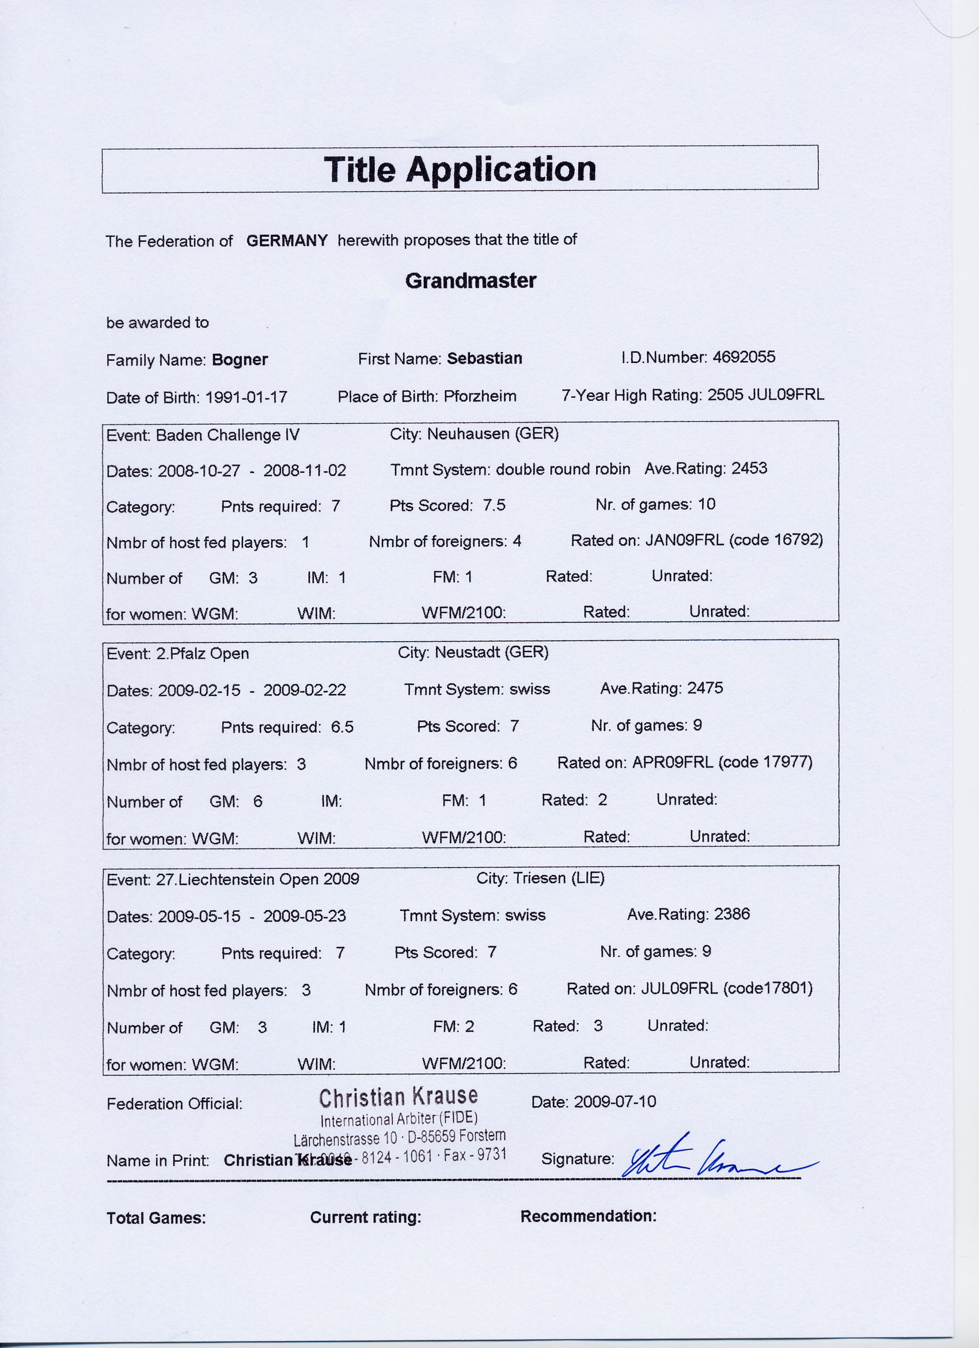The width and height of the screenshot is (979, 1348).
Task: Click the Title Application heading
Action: tap(459, 169)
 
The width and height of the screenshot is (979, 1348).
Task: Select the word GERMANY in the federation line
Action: tap(287, 241)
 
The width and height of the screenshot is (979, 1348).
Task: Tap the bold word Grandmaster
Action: tap(470, 281)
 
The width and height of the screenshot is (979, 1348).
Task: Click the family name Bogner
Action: tap(240, 359)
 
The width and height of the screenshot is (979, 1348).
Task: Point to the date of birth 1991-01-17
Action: tap(246, 397)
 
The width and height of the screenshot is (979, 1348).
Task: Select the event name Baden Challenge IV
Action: tap(227, 435)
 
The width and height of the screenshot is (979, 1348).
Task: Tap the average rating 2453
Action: tap(749, 468)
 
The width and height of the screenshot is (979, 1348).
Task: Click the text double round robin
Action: tap(563, 469)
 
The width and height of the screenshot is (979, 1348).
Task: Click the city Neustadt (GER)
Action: tap(491, 653)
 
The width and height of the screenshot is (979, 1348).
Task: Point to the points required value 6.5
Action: tap(342, 727)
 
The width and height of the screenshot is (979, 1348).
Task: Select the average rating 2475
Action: tap(704, 688)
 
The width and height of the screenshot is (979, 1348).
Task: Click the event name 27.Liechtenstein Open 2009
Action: tap(257, 879)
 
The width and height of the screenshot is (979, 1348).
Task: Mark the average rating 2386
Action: tap(732, 914)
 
